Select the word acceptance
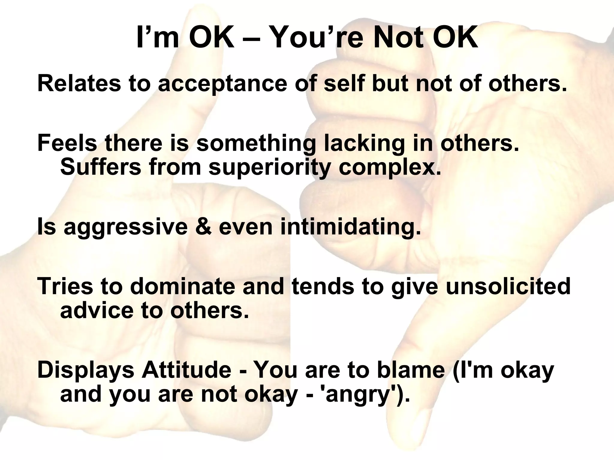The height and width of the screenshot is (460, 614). tap(222, 84)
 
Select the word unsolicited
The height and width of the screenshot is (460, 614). tap(508, 286)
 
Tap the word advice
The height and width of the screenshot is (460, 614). tap(97, 310)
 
